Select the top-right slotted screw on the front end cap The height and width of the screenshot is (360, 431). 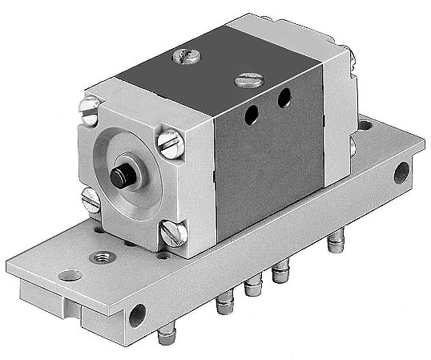coord(168,146)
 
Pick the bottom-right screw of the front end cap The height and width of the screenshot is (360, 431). coord(171,235)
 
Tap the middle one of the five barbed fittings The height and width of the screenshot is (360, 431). coord(256,288)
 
